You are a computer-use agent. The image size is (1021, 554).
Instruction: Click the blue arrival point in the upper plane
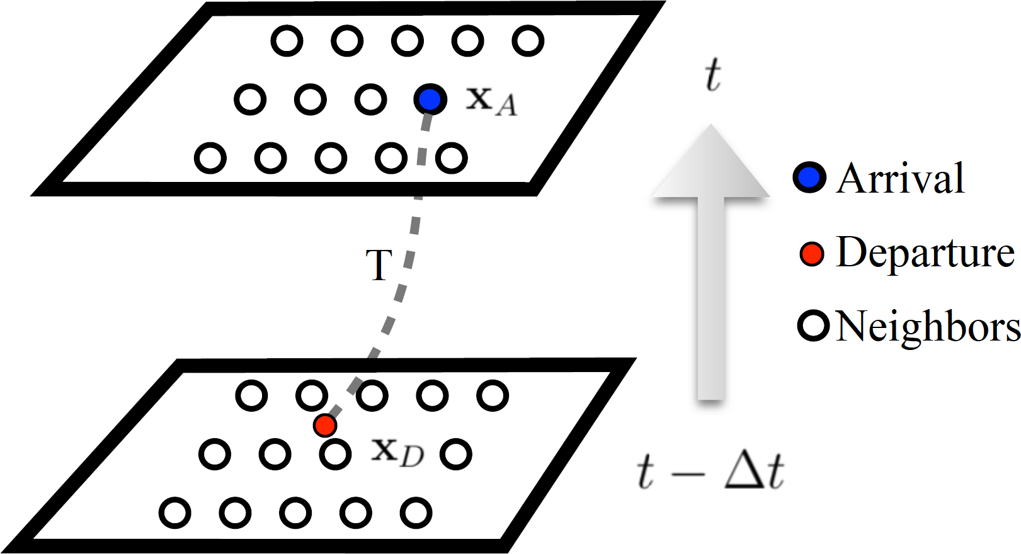(x=430, y=99)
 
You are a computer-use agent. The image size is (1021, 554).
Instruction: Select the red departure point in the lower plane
(x=325, y=426)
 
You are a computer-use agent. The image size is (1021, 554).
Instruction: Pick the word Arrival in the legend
(x=901, y=178)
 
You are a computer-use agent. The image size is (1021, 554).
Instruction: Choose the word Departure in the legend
(x=925, y=253)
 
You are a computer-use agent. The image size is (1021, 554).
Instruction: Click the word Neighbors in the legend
(x=927, y=327)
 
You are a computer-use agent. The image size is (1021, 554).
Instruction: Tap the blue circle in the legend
(x=809, y=177)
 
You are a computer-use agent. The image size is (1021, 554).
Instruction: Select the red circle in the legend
(x=812, y=254)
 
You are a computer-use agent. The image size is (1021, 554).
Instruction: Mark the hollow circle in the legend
(x=813, y=326)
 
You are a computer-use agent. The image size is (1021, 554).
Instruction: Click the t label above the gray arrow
(x=712, y=75)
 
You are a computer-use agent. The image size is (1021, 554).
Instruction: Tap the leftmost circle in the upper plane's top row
(x=287, y=41)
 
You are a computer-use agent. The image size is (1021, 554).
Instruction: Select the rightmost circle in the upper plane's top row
(x=528, y=41)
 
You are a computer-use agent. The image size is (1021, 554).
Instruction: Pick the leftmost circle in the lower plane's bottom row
(x=175, y=512)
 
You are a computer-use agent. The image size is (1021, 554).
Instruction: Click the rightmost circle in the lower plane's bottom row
(x=416, y=512)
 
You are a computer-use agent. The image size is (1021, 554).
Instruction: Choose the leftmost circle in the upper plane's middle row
(x=250, y=99)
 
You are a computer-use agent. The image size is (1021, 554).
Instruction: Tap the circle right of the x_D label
(x=456, y=454)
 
